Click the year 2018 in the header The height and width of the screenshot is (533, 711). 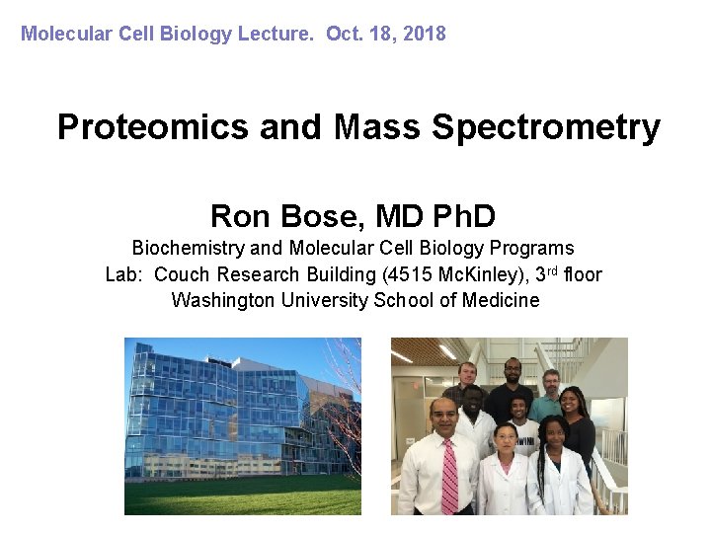(x=424, y=34)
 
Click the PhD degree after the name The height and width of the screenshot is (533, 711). (x=455, y=215)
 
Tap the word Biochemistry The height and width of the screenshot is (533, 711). (x=187, y=249)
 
